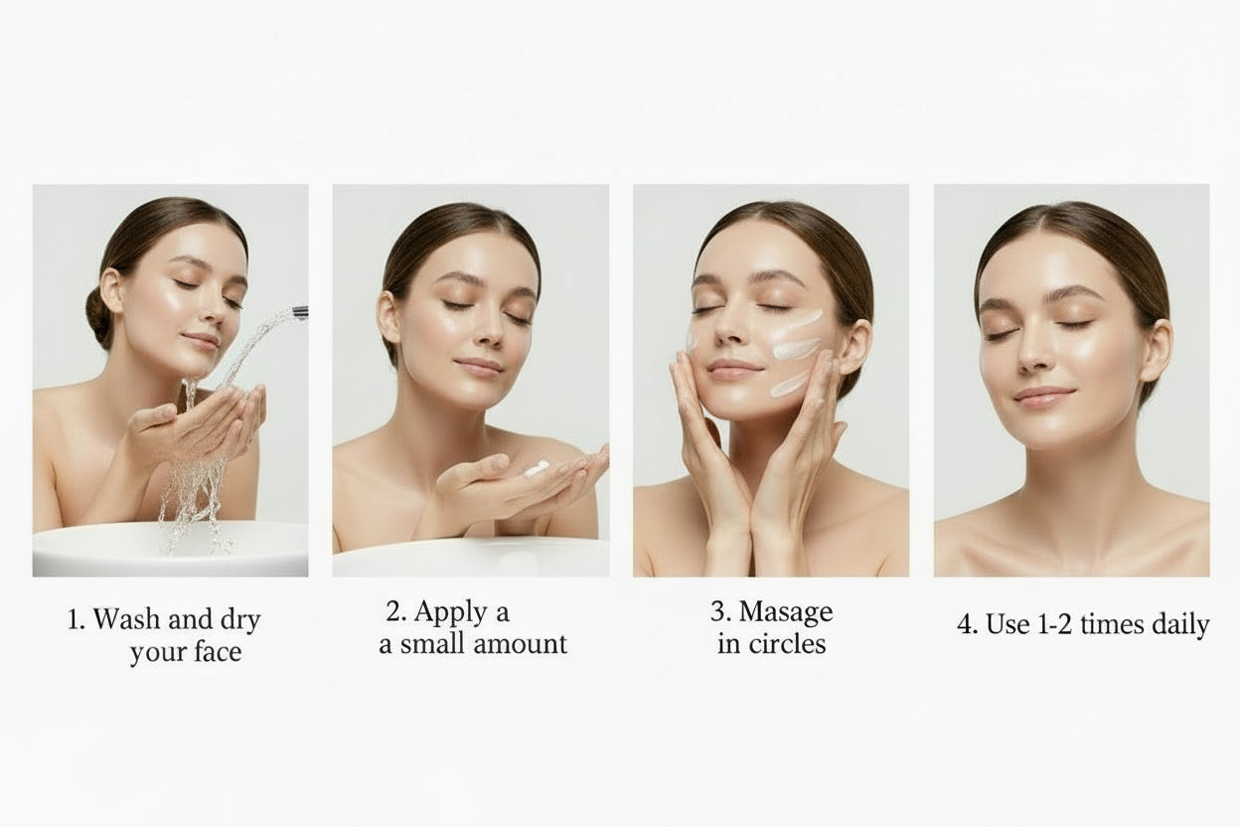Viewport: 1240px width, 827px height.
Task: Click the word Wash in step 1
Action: (126, 618)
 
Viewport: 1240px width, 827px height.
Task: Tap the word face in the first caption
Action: (219, 652)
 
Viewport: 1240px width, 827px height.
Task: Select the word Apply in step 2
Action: (444, 613)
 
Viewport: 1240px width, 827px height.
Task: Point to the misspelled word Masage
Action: (786, 613)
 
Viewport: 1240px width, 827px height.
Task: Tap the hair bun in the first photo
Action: (98, 317)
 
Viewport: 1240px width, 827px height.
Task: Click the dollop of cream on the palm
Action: (536, 468)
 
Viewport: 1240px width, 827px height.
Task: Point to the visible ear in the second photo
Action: (389, 317)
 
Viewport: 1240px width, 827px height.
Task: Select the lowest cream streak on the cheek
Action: (790, 384)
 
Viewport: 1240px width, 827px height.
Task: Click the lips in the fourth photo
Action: (1043, 398)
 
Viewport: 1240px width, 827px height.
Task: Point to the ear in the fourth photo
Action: (1157, 350)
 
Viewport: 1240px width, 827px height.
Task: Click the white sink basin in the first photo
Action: (170, 549)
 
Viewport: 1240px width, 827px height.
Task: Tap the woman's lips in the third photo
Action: (734, 370)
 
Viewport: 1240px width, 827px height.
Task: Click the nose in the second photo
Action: (488, 328)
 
